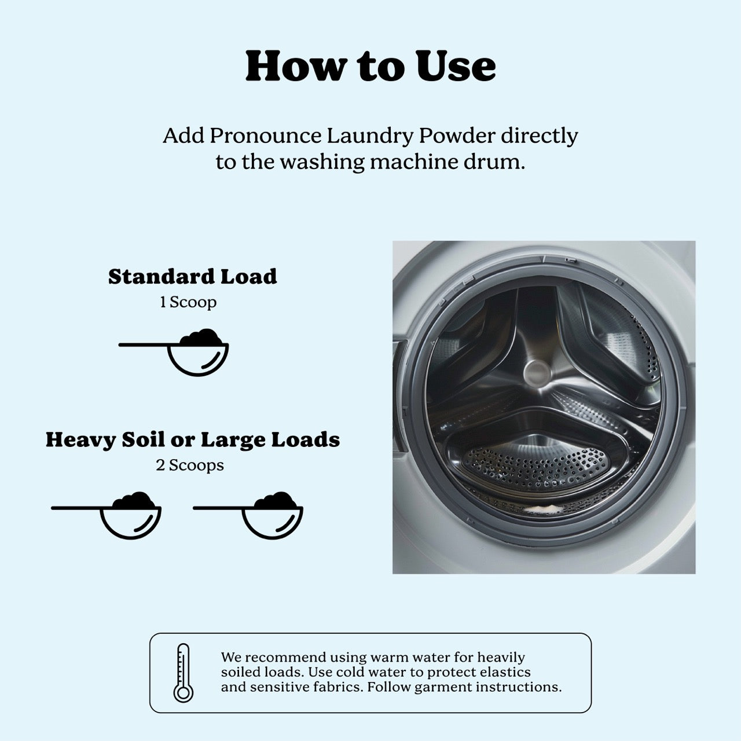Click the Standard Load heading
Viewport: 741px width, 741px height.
tap(192, 277)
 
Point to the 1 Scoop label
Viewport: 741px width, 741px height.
tap(188, 302)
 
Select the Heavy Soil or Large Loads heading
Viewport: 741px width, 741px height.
tap(192, 440)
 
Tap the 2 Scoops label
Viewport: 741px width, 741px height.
tap(189, 465)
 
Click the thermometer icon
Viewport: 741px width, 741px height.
tap(184, 673)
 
